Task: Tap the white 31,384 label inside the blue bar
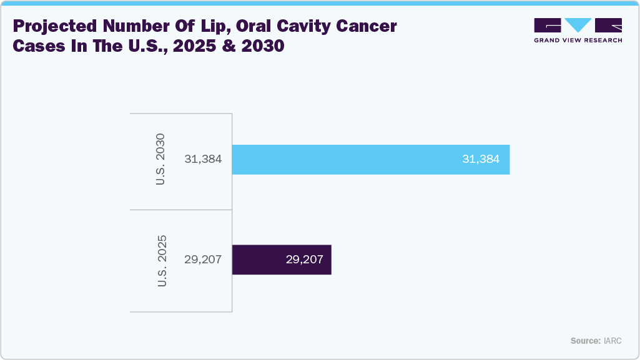click(480, 159)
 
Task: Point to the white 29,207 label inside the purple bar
click(304, 260)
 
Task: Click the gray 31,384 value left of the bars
click(203, 159)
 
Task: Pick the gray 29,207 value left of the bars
click(203, 260)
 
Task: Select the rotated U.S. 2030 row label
click(161, 159)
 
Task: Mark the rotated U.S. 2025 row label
click(162, 260)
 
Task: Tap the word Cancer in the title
click(369, 27)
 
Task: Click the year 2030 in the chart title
click(263, 47)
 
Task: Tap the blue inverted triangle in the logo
click(578, 25)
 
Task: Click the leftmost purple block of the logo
click(548, 25)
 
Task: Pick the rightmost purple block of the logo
click(608, 25)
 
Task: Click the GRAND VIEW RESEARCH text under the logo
click(578, 41)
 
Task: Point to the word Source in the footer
click(585, 341)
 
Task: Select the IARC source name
click(613, 341)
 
